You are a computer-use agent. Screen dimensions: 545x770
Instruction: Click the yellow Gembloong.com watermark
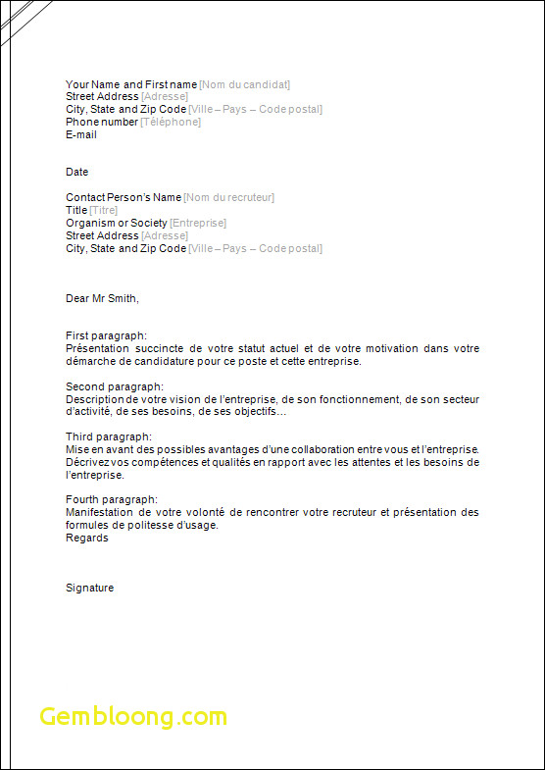tap(133, 717)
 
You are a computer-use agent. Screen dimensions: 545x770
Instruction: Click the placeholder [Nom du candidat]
tap(244, 84)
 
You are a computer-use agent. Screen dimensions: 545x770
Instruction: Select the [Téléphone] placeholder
tap(171, 122)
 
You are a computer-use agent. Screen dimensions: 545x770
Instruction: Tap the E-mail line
tap(81, 134)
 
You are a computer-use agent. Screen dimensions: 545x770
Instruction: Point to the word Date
tap(77, 172)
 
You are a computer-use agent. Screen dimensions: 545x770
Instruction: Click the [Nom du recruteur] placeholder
tap(228, 197)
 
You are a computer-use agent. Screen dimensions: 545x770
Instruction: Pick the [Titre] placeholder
tap(104, 210)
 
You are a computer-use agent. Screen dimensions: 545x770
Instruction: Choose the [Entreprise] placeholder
tap(198, 223)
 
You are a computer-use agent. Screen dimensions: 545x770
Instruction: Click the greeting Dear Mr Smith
tap(102, 298)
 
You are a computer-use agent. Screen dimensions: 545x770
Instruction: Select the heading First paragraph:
tap(106, 335)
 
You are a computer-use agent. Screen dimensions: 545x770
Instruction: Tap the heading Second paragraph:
tap(115, 386)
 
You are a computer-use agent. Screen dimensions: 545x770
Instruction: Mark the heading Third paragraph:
tap(109, 436)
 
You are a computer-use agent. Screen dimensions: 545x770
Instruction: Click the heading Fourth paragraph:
tap(112, 499)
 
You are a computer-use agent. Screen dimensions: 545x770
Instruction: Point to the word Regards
tap(87, 538)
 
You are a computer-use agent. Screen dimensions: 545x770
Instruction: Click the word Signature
tap(90, 588)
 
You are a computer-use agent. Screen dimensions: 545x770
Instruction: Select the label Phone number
tap(102, 122)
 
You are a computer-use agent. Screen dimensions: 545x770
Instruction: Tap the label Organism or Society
tap(117, 223)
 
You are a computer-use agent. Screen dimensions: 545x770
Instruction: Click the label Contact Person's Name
tap(124, 197)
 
